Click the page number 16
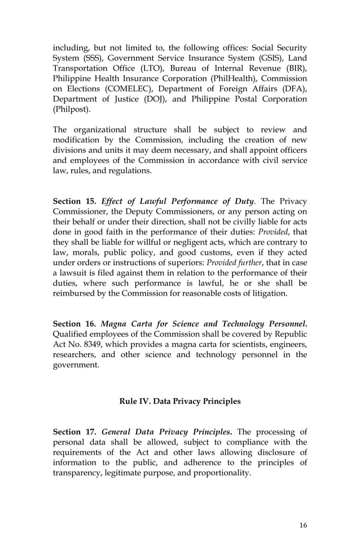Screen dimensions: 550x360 coord(303,525)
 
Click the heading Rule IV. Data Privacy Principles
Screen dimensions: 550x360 coord(179,401)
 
